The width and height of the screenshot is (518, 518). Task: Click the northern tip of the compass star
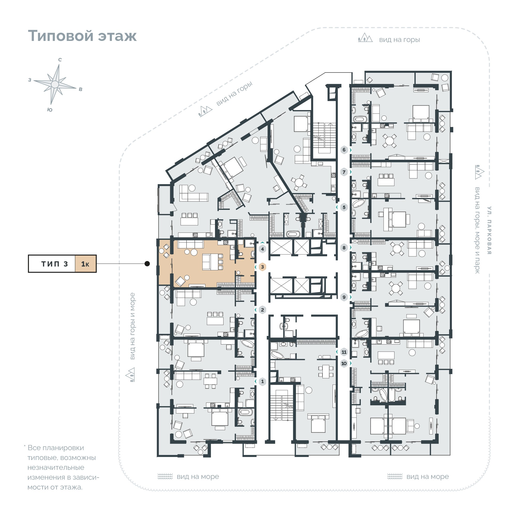coord(59,64)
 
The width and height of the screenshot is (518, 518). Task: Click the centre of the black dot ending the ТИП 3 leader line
coord(147,264)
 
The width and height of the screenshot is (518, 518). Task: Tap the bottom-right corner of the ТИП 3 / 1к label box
coord(97,273)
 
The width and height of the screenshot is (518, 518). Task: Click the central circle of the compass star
coord(55,84)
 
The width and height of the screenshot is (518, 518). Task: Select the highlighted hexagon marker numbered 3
coord(262,267)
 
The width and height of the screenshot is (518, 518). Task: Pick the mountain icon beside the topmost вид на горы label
coord(365,38)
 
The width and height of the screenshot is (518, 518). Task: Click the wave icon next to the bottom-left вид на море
coord(165,476)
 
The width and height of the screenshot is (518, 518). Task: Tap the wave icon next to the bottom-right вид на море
coord(395,476)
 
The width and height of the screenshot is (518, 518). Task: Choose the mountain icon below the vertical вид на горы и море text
coord(130,374)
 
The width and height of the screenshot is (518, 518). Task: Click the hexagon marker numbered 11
coord(344,352)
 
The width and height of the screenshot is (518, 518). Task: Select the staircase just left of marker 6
coord(324,138)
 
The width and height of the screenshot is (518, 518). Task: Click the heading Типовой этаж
coord(82,36)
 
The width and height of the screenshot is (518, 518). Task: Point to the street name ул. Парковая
coord(489,230)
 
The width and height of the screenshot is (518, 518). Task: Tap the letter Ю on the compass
coord(50,110)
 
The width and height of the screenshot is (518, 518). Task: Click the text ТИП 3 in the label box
coord(54,264)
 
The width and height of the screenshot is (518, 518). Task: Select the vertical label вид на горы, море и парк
coord(477,230)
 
